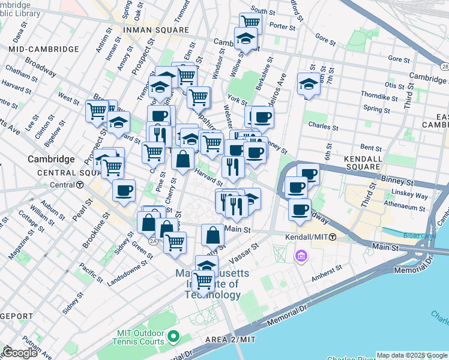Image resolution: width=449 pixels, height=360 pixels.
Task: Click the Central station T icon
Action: pyautogui.click(x=80, y=185)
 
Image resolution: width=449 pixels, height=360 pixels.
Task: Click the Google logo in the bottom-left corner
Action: pyautogui.click(x=19, y=353)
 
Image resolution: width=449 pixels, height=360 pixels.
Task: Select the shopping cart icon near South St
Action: pyautogui.click(x=250, y=23)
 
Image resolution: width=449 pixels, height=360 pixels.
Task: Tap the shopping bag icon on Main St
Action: pyautogui.click(x=212, y=235)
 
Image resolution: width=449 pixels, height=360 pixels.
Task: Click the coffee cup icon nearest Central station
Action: pyautogui.click(x=124, y=190)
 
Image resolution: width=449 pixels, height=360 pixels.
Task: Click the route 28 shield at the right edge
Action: pyautogui.click(x=444, y=65)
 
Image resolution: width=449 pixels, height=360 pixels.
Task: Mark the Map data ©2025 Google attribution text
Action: pyautogui.click(x=412, y=355)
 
